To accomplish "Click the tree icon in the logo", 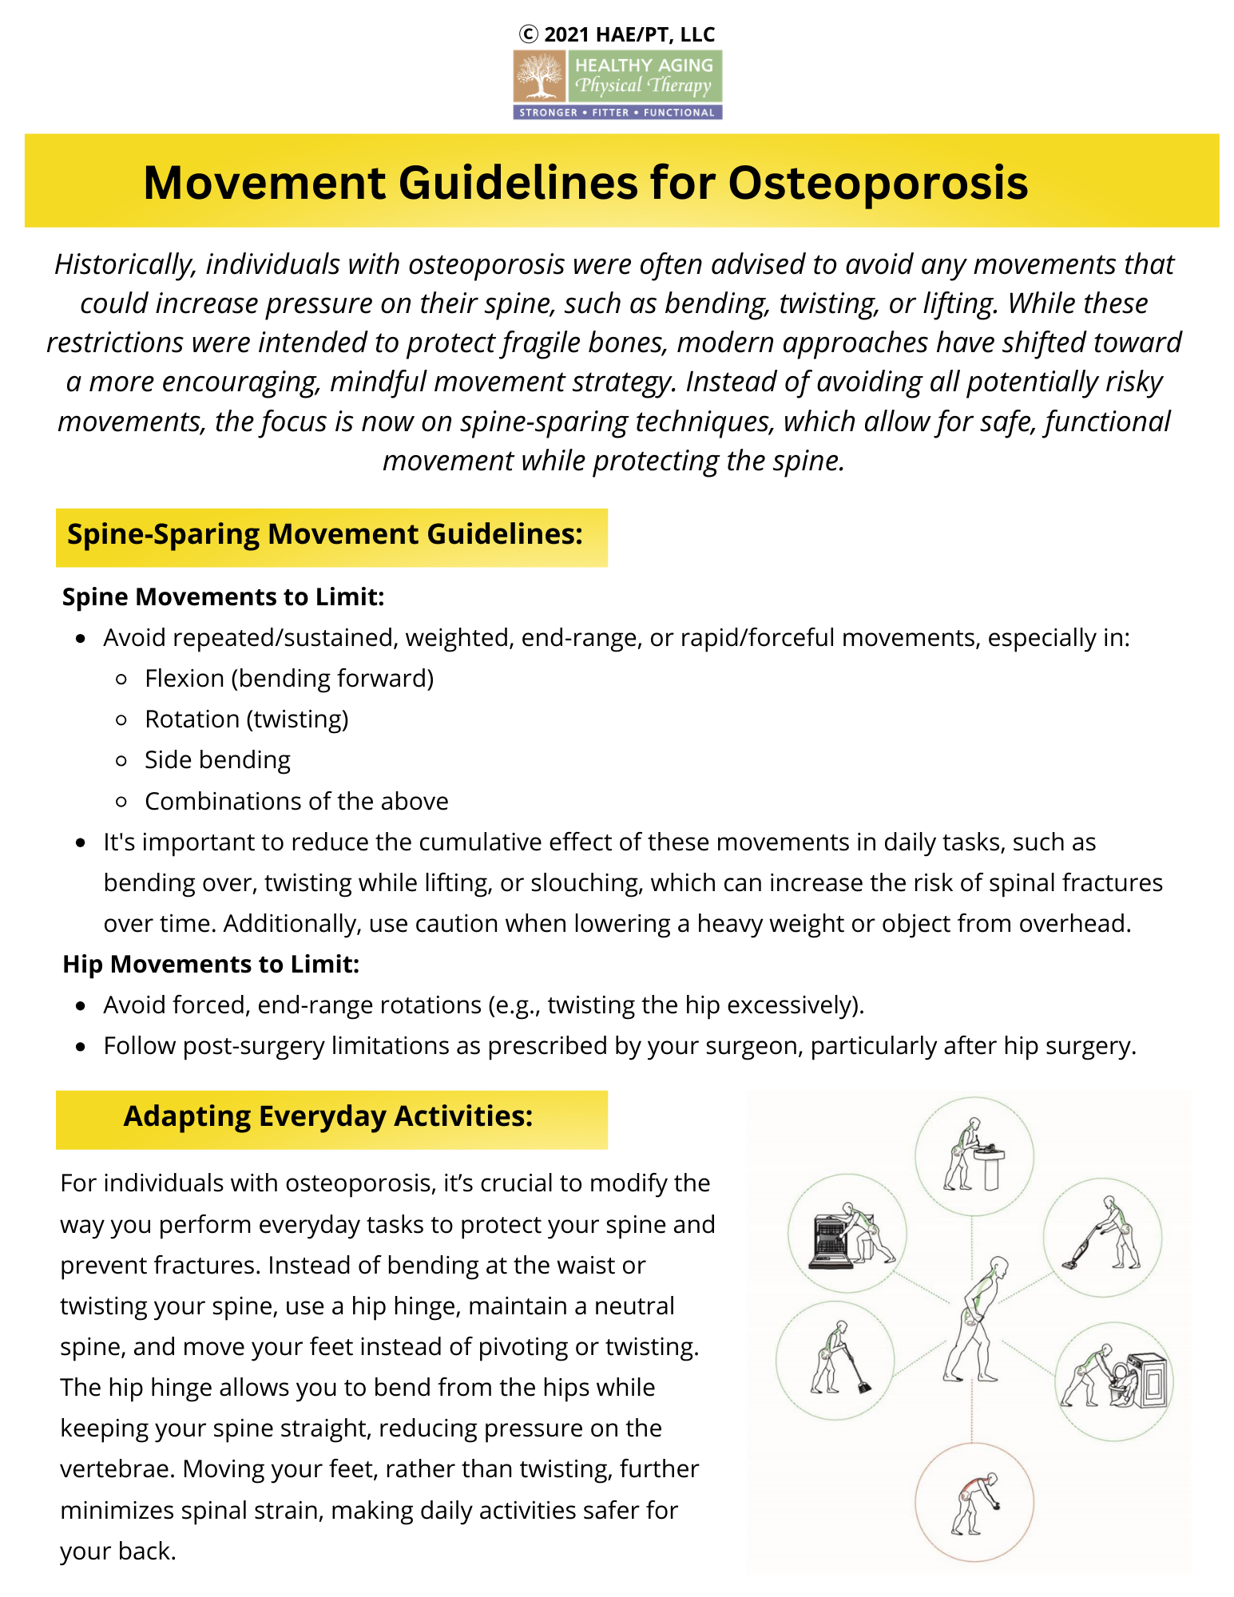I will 540,77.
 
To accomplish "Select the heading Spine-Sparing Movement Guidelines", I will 324,534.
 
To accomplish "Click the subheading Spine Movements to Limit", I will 223,596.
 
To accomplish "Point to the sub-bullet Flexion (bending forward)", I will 288,678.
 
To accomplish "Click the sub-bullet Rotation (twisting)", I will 246,719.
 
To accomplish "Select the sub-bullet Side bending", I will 217,759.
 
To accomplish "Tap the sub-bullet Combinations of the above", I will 296,801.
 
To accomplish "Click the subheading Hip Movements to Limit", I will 211,964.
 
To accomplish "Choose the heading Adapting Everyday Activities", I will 327,1116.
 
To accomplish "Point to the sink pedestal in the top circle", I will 991,1169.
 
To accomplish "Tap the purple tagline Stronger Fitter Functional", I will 617,113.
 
